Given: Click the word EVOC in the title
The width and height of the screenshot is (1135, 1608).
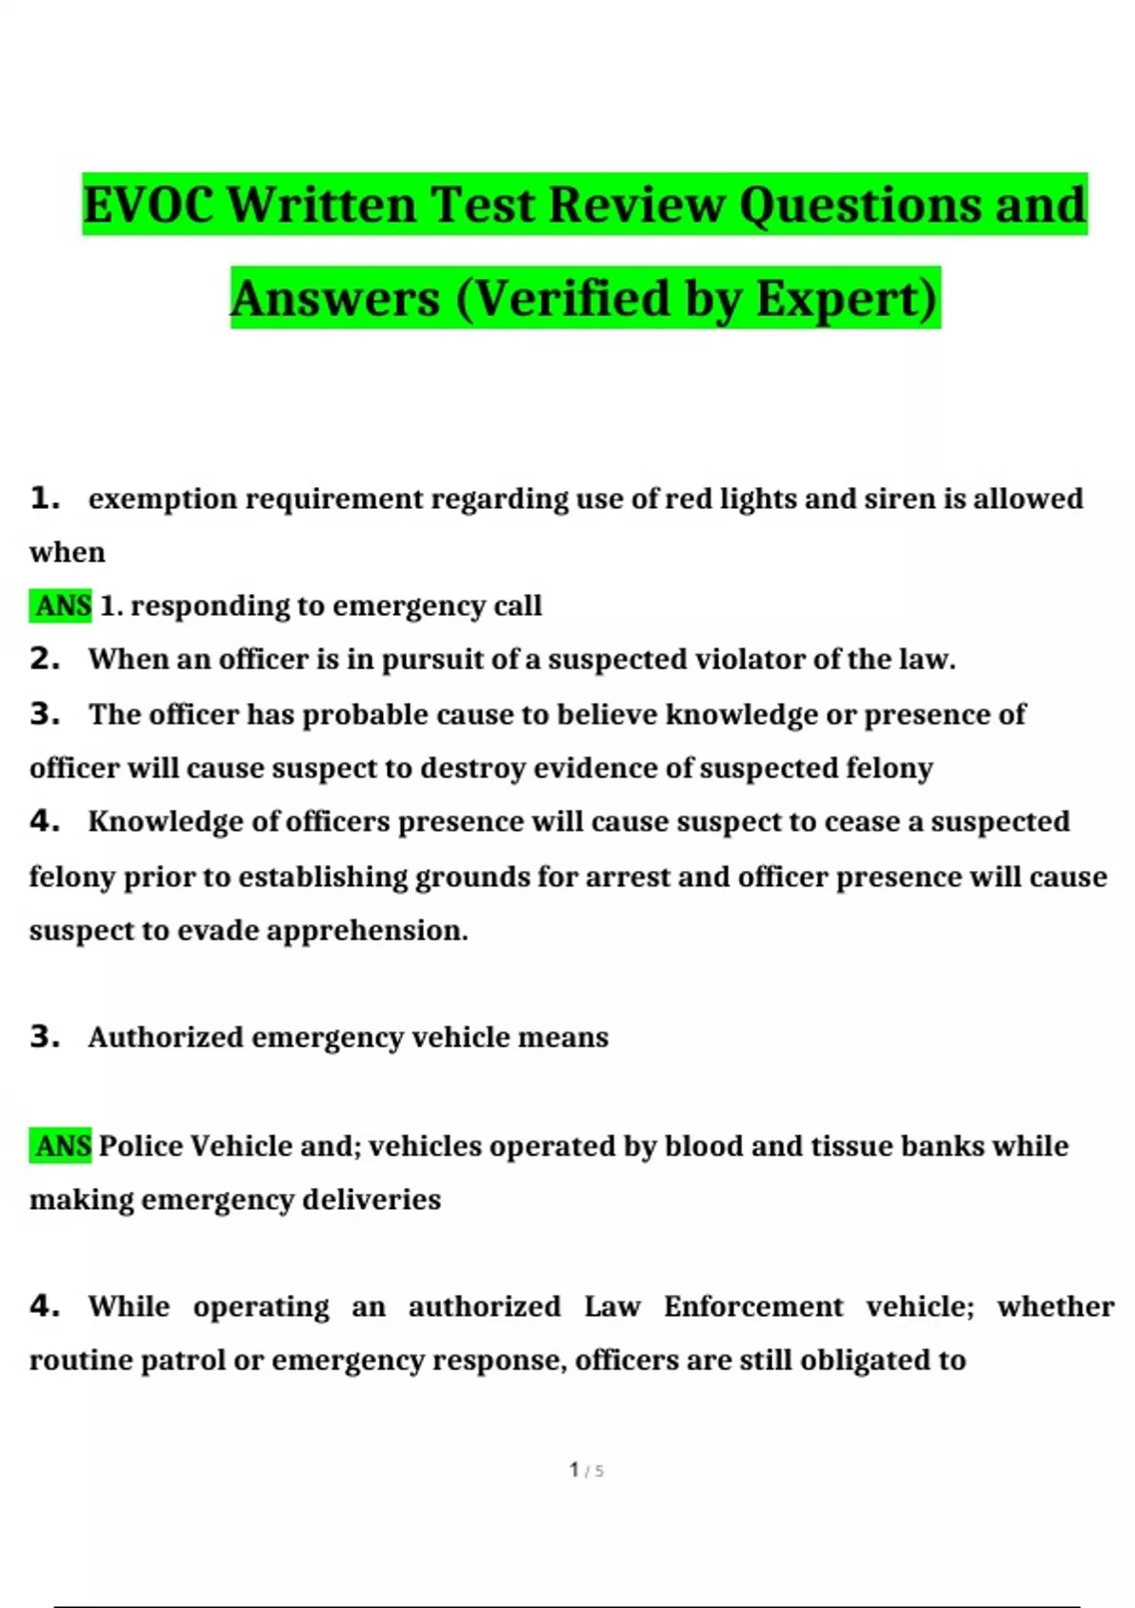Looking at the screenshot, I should [149, 204].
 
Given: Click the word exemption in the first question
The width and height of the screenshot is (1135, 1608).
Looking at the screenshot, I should [163, 498].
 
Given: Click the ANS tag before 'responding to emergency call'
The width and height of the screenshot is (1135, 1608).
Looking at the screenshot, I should [61, 605].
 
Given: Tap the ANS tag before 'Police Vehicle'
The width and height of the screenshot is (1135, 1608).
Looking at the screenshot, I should [61, 1146].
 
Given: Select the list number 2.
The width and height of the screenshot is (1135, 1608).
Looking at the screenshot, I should [44, 658].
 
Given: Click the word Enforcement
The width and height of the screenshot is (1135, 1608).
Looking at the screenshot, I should [753, 1306].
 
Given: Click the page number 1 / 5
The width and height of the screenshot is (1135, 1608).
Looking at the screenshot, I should [585, 1470].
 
